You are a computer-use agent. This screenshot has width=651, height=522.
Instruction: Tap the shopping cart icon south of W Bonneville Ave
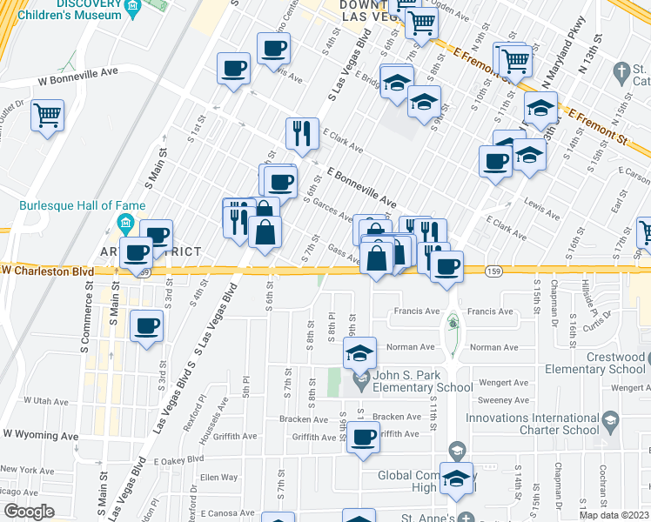(48, 114)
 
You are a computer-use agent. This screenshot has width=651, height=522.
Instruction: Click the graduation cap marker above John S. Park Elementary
(359, 353)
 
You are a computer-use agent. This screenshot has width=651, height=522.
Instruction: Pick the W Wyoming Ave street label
(41, 434)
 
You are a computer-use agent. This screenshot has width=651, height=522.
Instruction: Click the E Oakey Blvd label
(178, 459)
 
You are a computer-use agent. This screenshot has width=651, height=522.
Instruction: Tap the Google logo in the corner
(29, 512)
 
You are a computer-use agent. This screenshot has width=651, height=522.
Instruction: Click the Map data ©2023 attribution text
(614, 515)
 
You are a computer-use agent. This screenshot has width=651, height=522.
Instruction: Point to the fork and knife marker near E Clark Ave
(301, 133)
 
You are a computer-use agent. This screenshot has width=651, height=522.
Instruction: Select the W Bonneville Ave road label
(77, 78)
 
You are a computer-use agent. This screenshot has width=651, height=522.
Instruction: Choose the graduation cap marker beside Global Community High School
(456, 478)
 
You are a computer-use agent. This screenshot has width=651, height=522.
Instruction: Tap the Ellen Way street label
(218, 477)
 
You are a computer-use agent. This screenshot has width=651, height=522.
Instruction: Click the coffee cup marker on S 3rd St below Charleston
(146, 327)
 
